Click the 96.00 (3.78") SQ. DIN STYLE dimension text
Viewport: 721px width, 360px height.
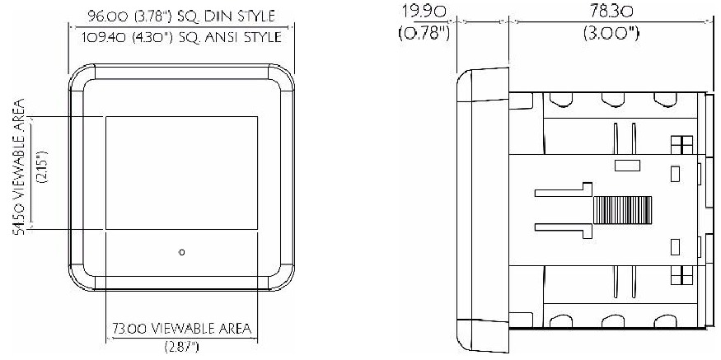click(180, 15)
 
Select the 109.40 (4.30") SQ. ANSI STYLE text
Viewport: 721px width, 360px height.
click(182, 37)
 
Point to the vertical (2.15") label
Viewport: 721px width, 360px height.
click(40, 172)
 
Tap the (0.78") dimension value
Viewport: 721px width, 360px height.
click(424, 35)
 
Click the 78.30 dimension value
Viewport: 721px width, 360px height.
click(609, 13)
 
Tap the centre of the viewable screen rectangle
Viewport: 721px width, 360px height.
click(181, 173)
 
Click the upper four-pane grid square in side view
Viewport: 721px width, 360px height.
click(681, 144)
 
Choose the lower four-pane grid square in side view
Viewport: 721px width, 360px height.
click(681, 275)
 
